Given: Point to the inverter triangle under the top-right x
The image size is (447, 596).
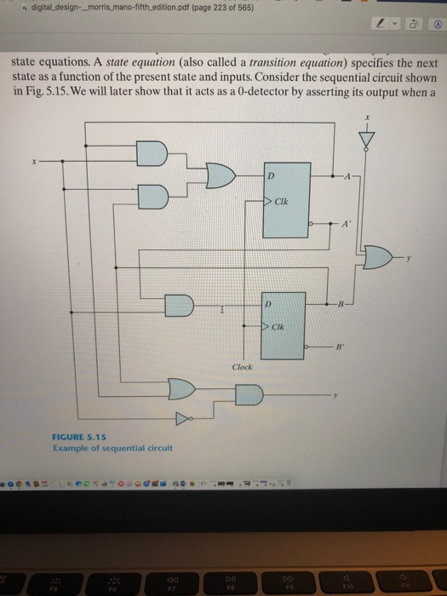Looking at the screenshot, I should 368,139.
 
